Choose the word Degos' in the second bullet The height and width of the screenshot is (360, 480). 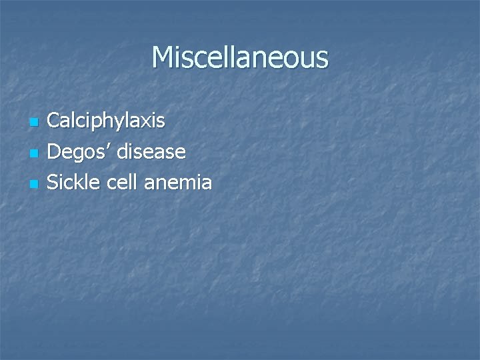pos(80,152)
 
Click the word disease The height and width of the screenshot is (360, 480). pos(152,152)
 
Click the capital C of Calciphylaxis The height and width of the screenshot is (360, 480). pos(55,121)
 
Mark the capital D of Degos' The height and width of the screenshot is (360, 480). pos(55,152)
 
